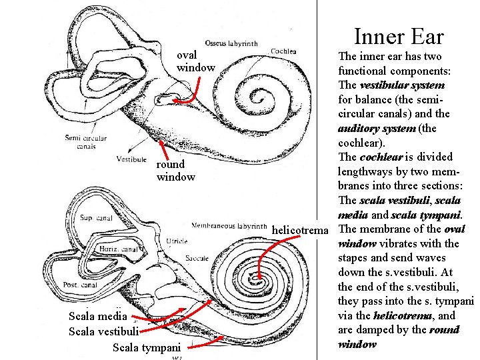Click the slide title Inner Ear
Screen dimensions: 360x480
click(x=399, y=36)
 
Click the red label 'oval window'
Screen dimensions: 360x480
click(x=195, y=61)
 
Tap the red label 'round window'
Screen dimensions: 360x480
click(x=175, y=171)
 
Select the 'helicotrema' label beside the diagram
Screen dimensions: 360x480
click(x=301, y=230)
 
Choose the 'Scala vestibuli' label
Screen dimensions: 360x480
click(x=104, y=331)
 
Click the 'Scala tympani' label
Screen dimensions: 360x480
click(x=147, y=347)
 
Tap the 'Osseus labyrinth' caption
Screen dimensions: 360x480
click(x=231, y=43)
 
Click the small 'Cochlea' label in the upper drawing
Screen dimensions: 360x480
click(x=283, y=51)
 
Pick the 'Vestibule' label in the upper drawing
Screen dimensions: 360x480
click(x=131, y=159)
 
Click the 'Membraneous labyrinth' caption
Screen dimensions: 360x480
click(x=229, y=225)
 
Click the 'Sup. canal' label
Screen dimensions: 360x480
click(x=95, y=218)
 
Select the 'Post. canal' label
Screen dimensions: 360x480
click(x=80, y=285)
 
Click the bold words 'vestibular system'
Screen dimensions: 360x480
click(x=401, y=85)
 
